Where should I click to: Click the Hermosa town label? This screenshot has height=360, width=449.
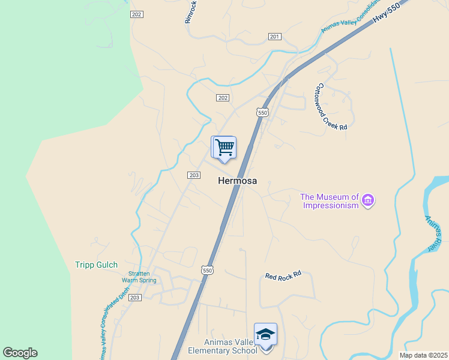237,180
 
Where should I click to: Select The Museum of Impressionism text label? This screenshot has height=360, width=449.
330,200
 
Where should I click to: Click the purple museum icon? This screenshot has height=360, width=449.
369,200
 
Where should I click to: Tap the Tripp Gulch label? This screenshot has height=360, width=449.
96,265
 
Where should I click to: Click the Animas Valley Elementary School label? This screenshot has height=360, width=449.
223,346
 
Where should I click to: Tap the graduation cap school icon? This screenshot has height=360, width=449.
266,334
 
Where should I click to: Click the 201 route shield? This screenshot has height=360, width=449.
275,37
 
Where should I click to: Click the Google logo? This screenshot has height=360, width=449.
20,353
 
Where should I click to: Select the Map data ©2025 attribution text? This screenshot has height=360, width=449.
423,355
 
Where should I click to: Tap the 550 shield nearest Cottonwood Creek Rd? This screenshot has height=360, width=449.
262,112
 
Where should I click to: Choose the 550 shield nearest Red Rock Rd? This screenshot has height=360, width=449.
208,271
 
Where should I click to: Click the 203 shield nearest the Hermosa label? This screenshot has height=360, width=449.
193,175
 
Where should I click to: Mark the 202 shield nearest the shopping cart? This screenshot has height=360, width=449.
222,97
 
